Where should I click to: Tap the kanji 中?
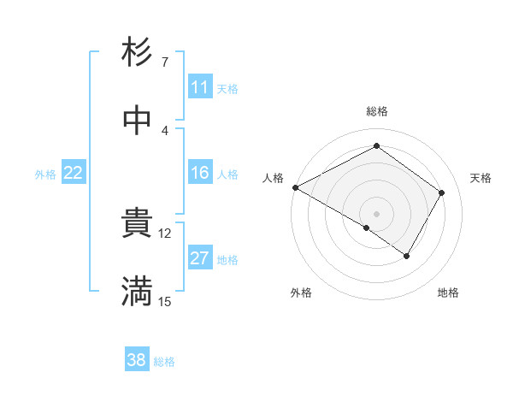tap(137, 121)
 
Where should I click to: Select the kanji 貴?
tap(137, 224)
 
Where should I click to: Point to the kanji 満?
tap(137, 292)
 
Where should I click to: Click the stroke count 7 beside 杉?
tap(165, 62)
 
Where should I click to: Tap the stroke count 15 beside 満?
tap(165, 301)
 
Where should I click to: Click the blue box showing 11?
tap(199, 88)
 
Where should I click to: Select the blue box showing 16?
tap(199, 174)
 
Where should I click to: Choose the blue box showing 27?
tap(199, 259)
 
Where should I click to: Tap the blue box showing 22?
tap(74, 174)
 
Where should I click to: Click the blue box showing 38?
tap(137, 361)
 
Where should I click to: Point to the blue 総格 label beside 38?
tap(164, 362)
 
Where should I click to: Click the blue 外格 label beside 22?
tap(45, 174)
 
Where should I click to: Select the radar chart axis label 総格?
tap(377, 111)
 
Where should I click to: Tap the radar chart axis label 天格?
tap(481, 178)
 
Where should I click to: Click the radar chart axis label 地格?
tap(448, 293)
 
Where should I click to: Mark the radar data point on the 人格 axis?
tap(295, 187)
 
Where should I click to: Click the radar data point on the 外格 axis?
tap(367, 228)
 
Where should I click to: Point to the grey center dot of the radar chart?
tap(377, 213)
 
